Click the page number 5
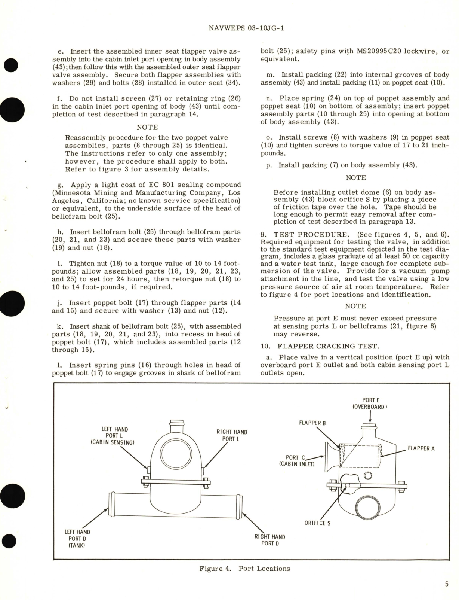447,584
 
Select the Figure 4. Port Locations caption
244,569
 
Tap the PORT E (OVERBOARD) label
370,403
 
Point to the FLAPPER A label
421,448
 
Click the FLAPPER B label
312,423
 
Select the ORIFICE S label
317,523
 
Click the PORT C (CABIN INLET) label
297,460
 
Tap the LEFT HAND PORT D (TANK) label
77,539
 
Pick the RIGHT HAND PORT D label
269,540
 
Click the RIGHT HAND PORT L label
232,435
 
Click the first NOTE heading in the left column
147,127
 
